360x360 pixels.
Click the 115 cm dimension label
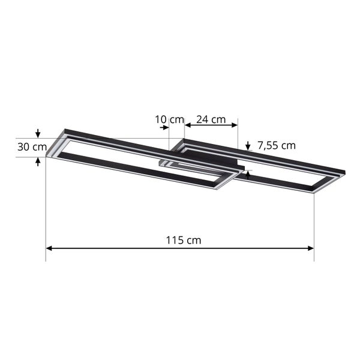coord(184,240)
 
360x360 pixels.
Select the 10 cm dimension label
coord(169,119)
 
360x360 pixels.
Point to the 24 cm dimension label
coord(211,119)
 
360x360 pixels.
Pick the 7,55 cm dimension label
coord(277,145)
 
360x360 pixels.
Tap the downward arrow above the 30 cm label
coord(38,134)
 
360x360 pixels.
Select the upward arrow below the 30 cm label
coord(38,161)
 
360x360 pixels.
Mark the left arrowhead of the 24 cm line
coord(187,125)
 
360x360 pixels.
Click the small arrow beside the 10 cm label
coord(164,128)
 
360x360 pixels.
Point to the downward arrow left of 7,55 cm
coord(248,146)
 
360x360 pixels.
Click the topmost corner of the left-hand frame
coord(64,128)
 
